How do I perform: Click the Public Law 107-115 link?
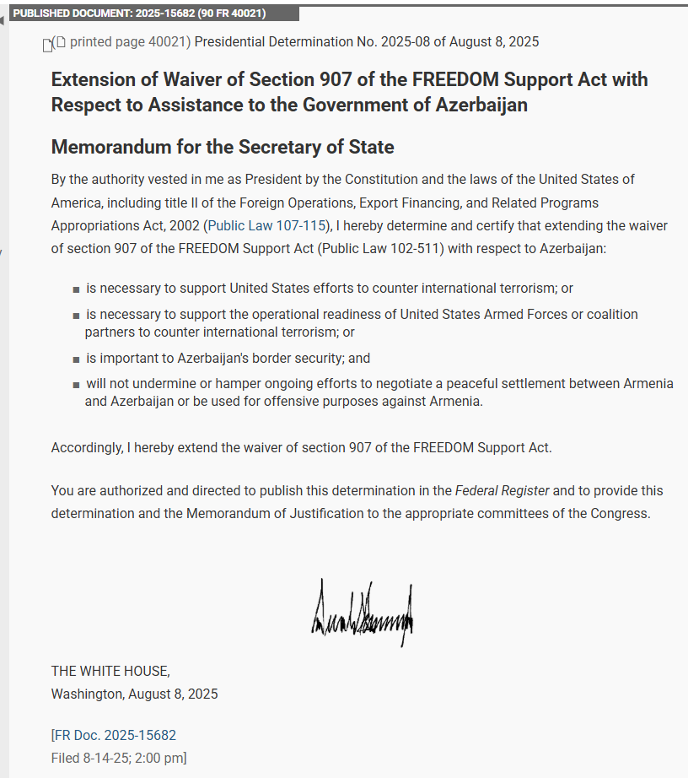(x=266, y=225)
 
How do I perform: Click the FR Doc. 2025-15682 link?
(x=115, y=735)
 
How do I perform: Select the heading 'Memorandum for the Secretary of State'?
(x=223, y=147)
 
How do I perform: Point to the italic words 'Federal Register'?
(x=502, y=490)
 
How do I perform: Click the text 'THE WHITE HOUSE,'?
(x=110, y=671)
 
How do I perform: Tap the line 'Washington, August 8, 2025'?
(x=134, y=694)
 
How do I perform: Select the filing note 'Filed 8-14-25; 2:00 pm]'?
(x=119, y=758)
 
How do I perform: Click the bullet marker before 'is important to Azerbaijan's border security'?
(x=76, y=359)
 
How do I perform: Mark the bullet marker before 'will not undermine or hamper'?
(x=76, y=385)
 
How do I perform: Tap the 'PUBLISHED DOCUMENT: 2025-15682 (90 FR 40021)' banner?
(x=139, y=14)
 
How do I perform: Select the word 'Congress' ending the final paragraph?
(x=622, y=513)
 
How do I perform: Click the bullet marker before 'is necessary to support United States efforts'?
(x=76, y=289)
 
